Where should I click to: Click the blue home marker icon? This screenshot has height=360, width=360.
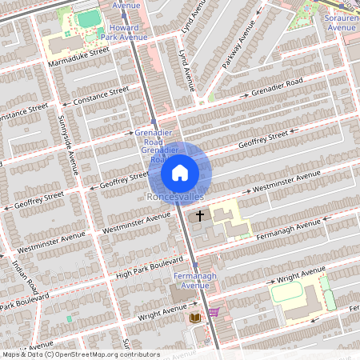pos(180,172)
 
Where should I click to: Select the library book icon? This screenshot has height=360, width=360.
pos(194,318)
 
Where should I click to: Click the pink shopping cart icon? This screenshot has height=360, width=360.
pos(214,312)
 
